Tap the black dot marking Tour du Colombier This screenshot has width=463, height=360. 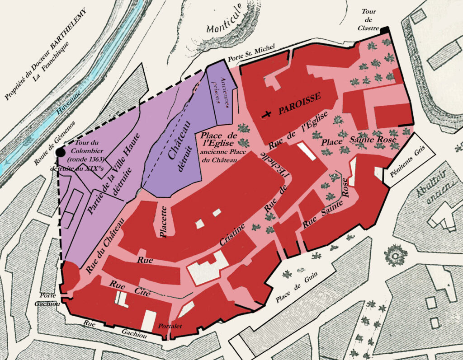[60, 154]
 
